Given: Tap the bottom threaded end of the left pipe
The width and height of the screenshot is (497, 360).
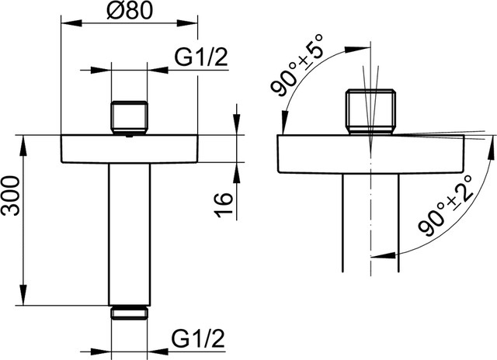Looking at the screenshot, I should [x=128, y=313].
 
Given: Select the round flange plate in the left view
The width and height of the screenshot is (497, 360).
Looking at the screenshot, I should [x=129, y=149].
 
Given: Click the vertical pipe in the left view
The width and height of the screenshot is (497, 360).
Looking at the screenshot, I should [x=128, y=233].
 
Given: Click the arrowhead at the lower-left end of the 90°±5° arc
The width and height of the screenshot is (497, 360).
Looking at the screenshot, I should [x=282, y=124].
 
